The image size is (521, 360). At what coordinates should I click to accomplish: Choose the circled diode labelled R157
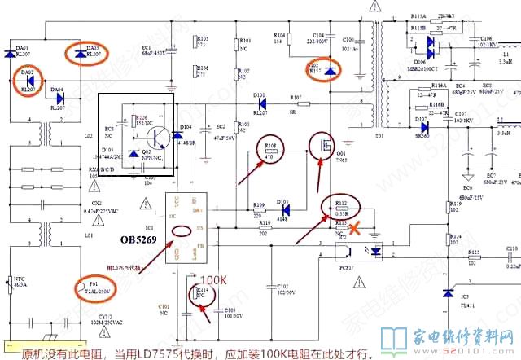pos(330,72)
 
